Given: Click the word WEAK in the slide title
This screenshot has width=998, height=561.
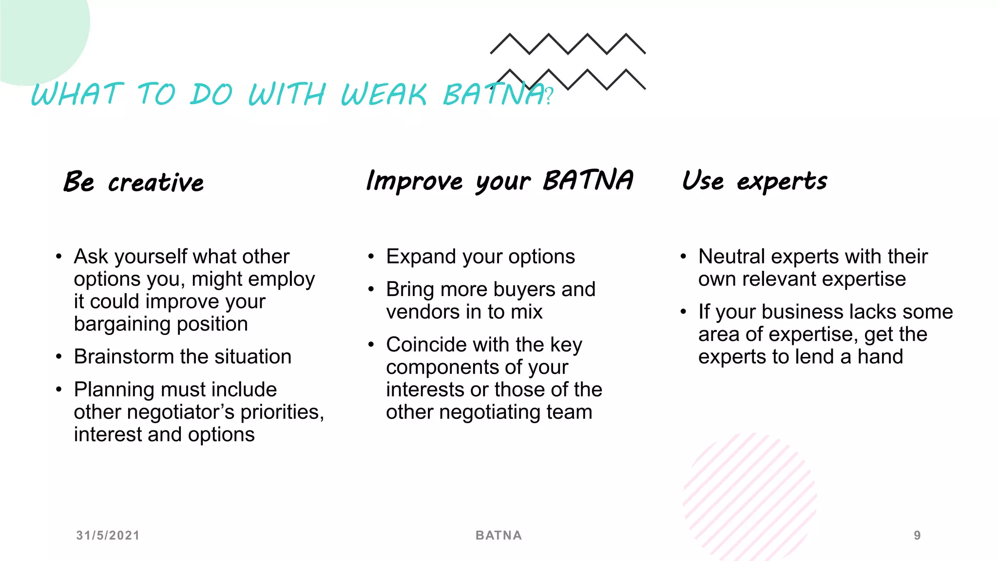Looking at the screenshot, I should (384, 94).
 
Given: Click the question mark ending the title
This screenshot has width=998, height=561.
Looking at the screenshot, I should (549, 96).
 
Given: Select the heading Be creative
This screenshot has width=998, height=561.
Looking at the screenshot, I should (134, 182).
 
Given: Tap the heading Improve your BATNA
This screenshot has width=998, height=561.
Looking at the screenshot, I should (499, 181).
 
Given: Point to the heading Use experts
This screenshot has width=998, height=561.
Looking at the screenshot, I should (754, 181).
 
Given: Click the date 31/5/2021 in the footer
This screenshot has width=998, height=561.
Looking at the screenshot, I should (108, 535).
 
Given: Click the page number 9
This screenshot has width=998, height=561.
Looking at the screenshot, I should (917, 535).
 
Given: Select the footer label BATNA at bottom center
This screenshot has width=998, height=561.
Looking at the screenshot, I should (499, 535).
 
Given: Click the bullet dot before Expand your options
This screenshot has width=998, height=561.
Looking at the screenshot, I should (371, 257).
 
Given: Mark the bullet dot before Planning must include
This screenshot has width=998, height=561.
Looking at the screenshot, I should (59, 390).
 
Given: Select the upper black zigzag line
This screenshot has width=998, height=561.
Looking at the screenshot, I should (568, 44).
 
